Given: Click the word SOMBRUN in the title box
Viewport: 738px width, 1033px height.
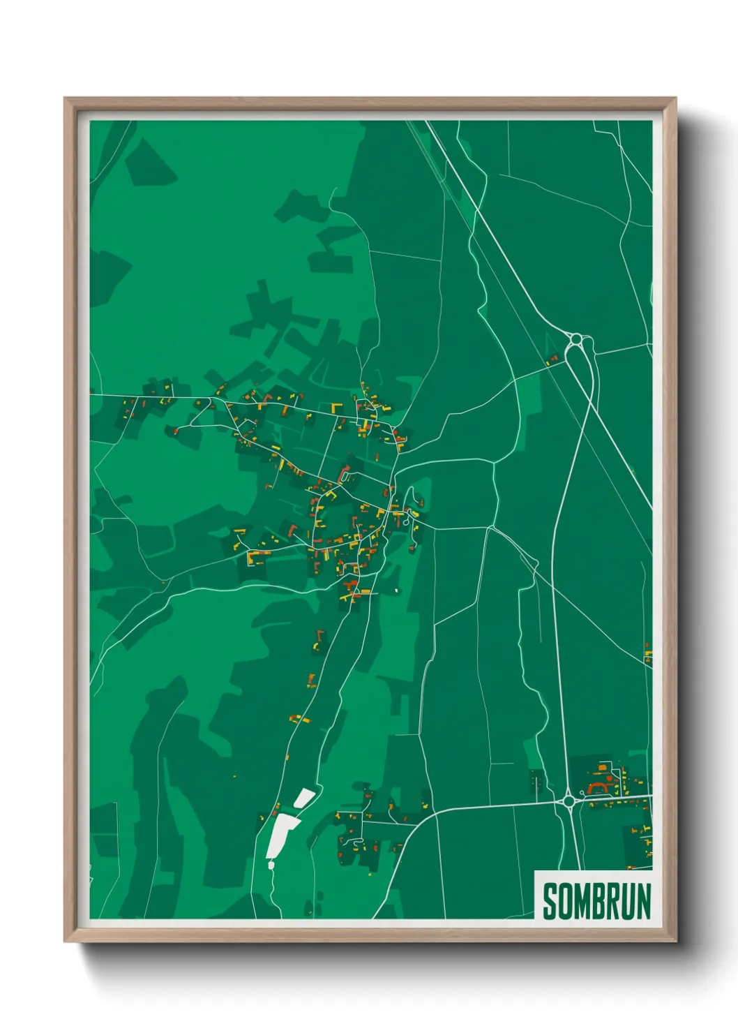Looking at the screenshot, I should [x=596, y=901].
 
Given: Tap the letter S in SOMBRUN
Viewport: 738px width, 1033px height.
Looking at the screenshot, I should [x=550, y=901].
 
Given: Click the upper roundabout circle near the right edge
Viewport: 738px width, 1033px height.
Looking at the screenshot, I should [x=576, y=340].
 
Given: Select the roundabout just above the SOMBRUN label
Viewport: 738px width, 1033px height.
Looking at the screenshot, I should [x=569, y=801].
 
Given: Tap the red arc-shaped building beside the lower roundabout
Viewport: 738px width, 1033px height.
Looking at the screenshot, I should [x=598, y=788].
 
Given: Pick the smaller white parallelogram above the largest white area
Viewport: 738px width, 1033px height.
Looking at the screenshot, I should [x=304, y=797].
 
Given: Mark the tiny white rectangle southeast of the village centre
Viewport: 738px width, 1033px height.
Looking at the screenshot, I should [x=396, y=590].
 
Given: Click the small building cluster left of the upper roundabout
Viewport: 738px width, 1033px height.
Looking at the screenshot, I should [x=552, y=361].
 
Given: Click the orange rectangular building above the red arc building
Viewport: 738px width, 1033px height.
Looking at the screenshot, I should [x=602, y=768].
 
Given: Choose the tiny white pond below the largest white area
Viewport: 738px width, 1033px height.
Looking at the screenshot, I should [x=271, y=865].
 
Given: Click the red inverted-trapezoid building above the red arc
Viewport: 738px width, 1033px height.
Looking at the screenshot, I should [x=612, y=777].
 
